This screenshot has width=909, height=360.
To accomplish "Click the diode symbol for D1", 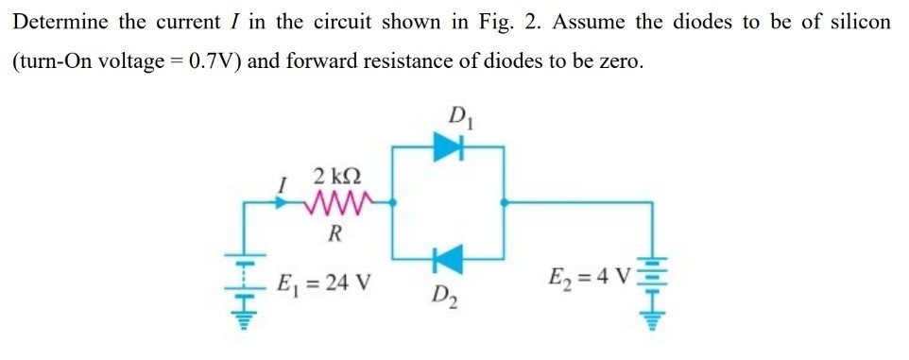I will click(x=447, y=146).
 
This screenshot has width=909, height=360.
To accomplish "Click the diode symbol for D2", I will click(x=448, y=256).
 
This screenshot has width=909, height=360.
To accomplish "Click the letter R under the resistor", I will click(x=334, y=233).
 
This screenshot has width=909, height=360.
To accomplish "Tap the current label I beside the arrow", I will click(x=281, y=187).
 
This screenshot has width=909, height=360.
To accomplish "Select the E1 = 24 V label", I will click(x=322, y=281).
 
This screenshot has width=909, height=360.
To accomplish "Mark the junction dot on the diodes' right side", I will click(x=506, y=201).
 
